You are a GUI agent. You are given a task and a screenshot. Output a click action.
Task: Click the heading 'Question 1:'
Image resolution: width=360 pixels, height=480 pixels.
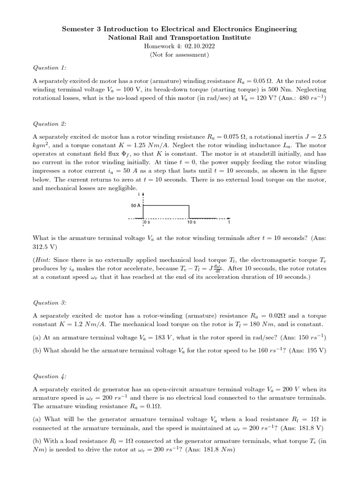49,68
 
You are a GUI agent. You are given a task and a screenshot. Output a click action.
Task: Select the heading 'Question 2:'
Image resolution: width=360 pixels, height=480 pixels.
49,124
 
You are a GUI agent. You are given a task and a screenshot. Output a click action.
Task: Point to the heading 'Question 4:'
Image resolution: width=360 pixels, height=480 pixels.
49,376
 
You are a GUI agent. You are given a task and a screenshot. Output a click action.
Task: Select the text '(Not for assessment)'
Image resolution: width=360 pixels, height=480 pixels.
180,54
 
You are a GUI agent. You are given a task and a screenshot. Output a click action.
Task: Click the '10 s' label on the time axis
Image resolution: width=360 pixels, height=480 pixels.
191,223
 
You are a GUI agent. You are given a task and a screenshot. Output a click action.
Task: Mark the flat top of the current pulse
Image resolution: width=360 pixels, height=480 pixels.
166,205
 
